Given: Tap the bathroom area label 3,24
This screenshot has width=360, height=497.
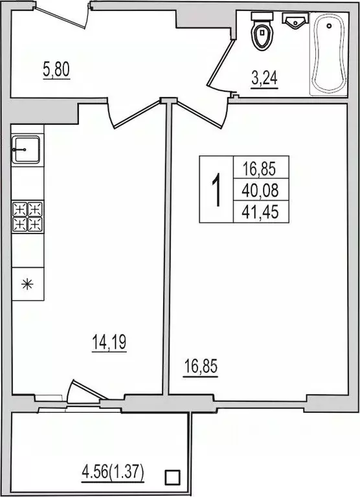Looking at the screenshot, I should click(264, 80).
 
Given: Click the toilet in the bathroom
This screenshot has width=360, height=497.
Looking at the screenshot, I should click(263, 35).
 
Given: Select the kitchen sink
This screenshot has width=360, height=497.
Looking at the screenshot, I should click(27, 151).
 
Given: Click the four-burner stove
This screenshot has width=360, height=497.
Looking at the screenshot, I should click(27, 217).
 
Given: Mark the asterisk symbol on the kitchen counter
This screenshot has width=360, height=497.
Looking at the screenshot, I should click(27, 284).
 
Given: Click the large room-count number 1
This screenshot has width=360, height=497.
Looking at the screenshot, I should click(216, 190).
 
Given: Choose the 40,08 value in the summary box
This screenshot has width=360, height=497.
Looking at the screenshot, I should click(260, 190).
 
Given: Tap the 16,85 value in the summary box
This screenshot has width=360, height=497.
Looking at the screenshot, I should click(260, 170).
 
